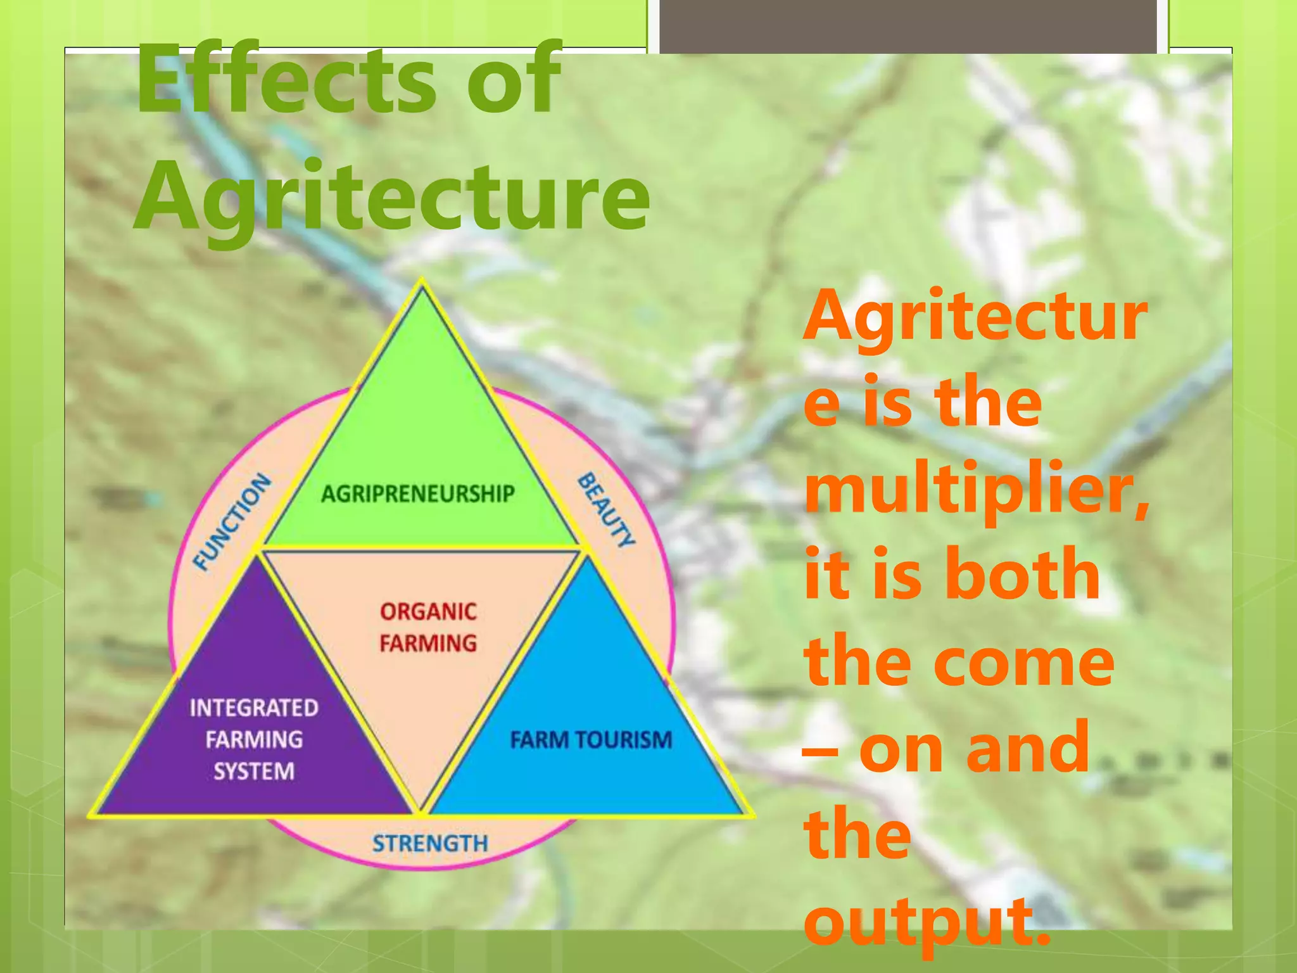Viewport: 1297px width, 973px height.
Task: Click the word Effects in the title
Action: [x=286, y=79]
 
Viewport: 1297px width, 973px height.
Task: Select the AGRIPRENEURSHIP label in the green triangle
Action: [x=418, y=493]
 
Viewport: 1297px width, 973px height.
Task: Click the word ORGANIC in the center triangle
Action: [x=428, y=612]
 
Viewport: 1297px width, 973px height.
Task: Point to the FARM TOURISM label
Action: [x=591, y=740]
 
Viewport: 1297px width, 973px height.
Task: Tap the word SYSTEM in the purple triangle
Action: [x=254, y=772]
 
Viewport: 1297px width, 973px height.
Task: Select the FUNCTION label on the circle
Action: [x=232, y=522]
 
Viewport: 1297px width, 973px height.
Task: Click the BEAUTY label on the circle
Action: [x=606, y=511]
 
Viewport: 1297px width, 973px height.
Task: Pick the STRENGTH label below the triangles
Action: [x=430, y=844]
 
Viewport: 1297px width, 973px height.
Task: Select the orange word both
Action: [x=1026, y=574]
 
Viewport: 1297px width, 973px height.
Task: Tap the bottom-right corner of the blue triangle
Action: [x=747, y=813]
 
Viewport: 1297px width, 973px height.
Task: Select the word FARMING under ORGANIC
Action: [x=428, y=644]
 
